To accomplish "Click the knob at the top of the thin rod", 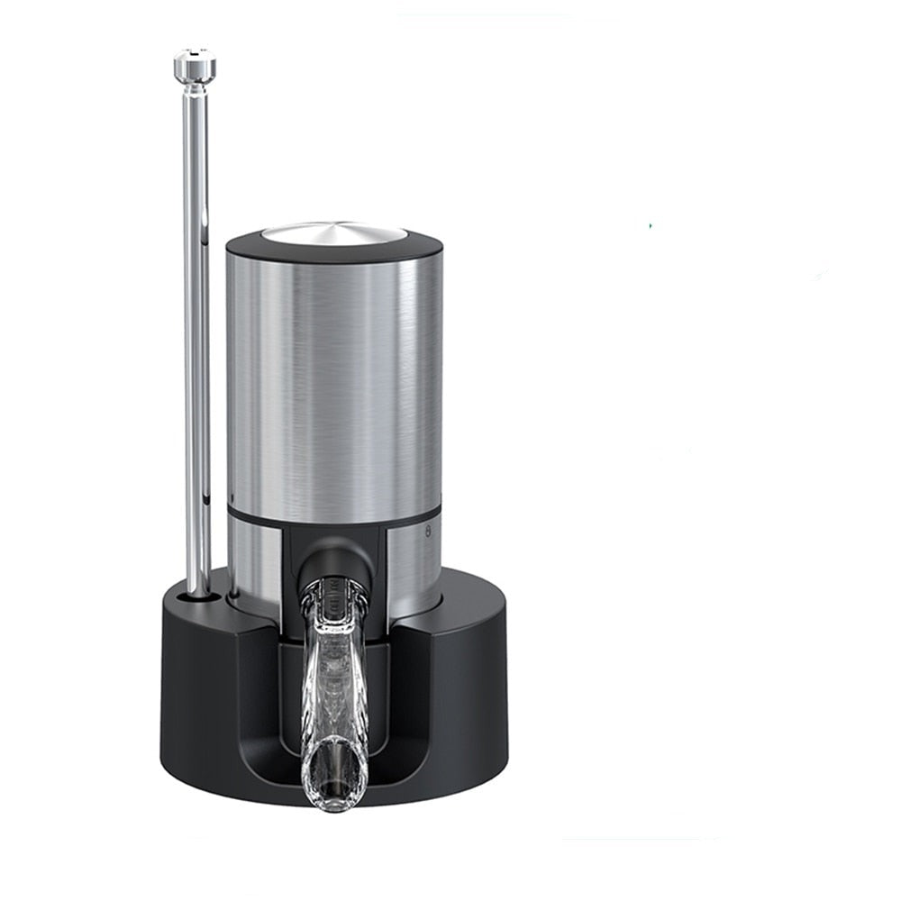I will (x=195, y=66).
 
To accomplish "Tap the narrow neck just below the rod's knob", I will (x=195, y=88).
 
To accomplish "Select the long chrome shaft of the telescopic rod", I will (x=196, y=360).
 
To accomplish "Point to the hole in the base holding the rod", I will (x=196, y=596).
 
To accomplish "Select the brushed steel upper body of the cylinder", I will (x=333, y=378).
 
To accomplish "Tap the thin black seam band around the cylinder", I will (x=270, y=515).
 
